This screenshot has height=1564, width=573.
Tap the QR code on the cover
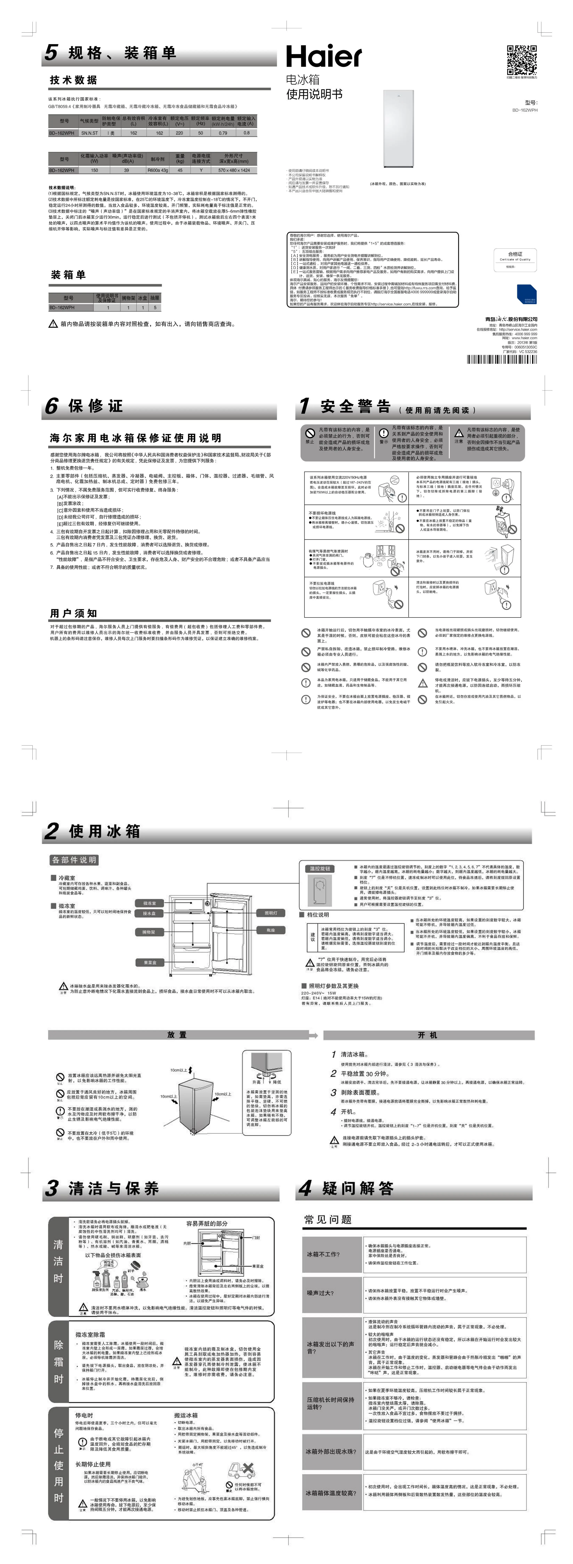pos(521,59)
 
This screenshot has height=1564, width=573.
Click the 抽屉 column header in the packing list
pos(155,298)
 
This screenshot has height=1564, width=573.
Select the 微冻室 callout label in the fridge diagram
pos(149,903)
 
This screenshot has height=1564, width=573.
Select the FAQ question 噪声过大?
pos(320,1293)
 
